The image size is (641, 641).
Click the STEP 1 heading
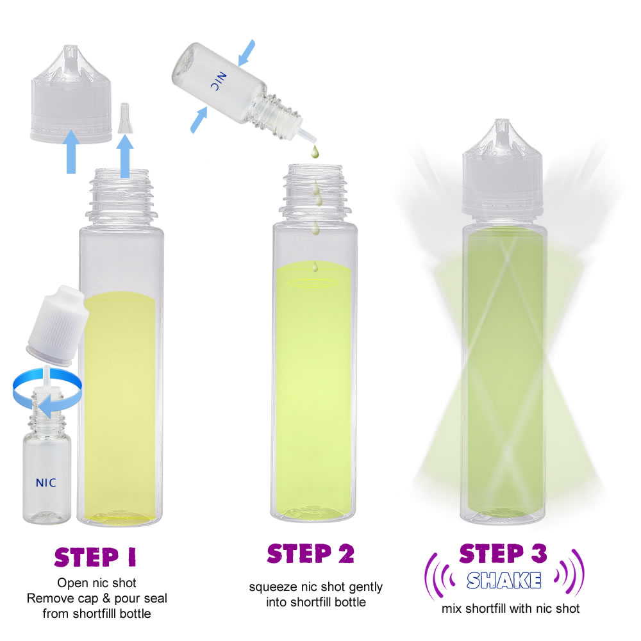click(x=96, y=557)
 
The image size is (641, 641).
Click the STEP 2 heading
click(x=311, y=554)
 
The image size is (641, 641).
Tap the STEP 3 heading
click(x=503, y=553)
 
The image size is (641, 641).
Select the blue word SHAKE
click(x=504, y=580)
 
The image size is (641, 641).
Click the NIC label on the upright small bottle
click(x=46, y=483)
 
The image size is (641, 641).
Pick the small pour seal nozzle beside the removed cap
click(x=125, y=118)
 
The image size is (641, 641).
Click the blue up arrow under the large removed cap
click(x=71, y=152)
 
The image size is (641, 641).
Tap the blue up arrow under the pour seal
click(x=125, y=156)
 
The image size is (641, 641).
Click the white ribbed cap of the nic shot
click(x=58, y=326)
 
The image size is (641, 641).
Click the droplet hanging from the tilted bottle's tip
click(x=314, y=151)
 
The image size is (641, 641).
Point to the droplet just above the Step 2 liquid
click(x=315, y=267)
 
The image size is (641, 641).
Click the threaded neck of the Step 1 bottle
click(x=121, y=197)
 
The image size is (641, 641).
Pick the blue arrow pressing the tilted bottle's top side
click(x=247, y=53)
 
